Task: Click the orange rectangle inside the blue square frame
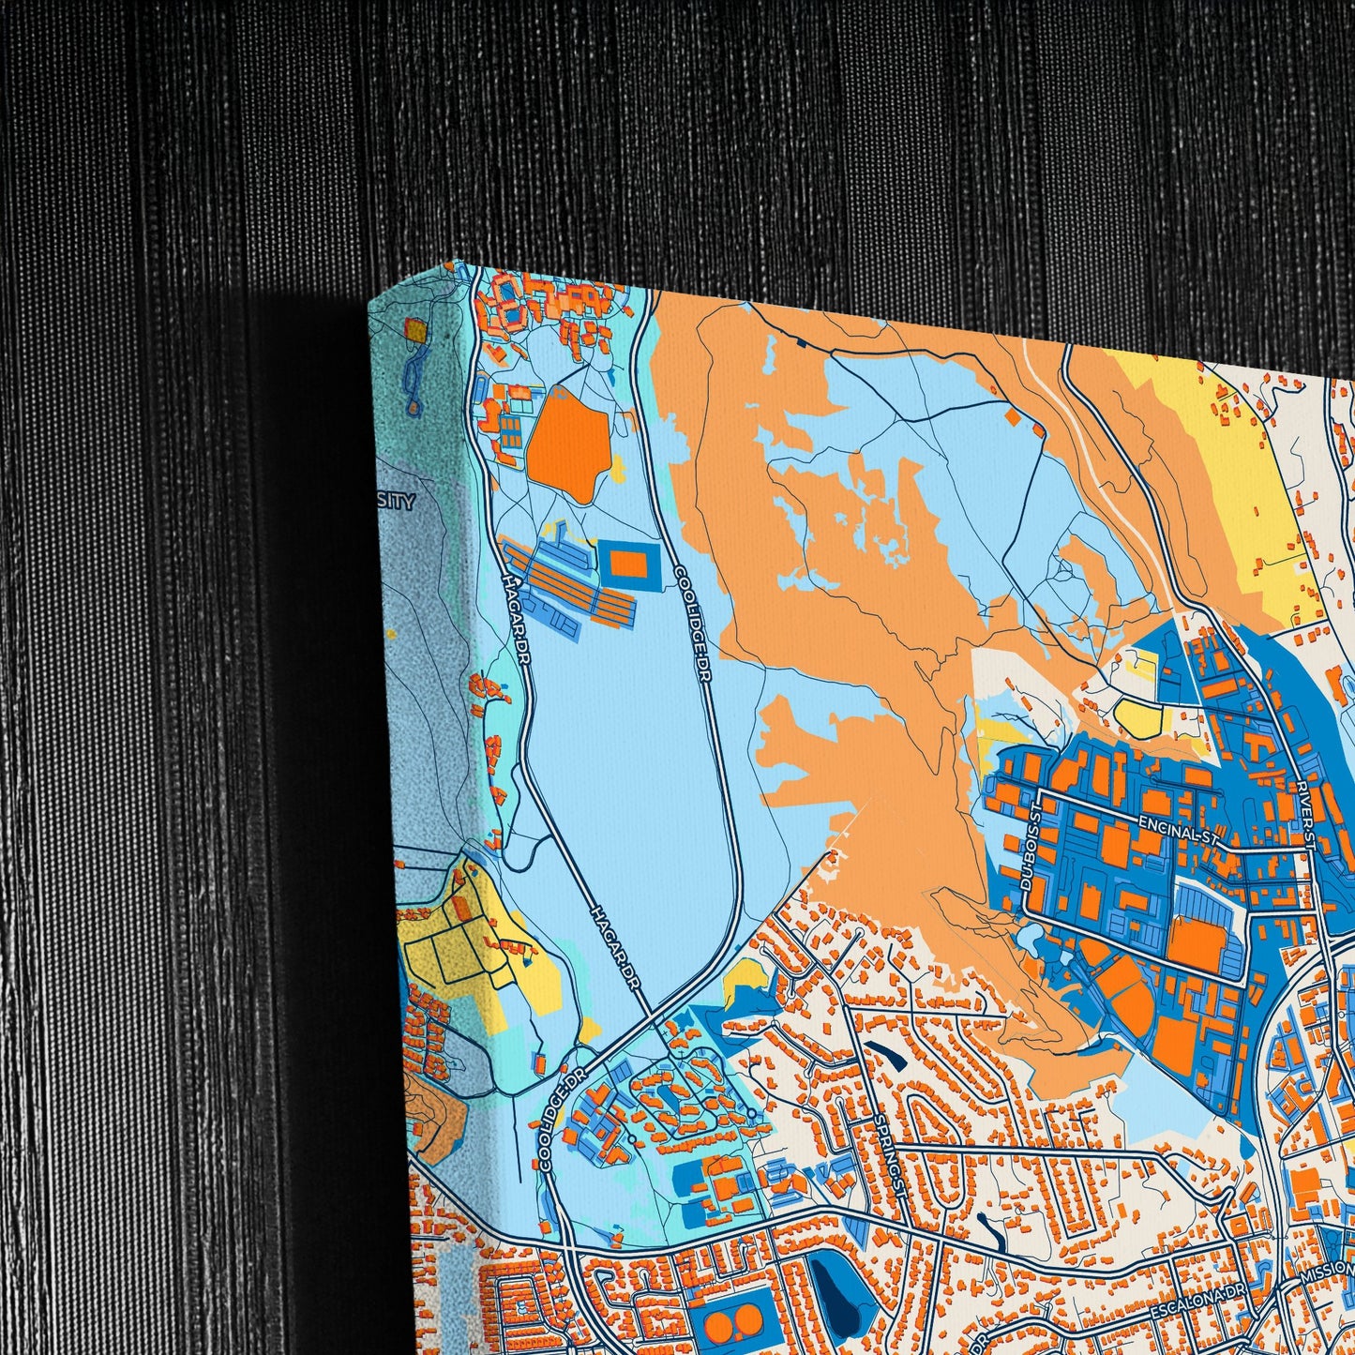pyautogui.click(x=627, y=564)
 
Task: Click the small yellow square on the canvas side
pyautogui.click(x=414, y=328)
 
